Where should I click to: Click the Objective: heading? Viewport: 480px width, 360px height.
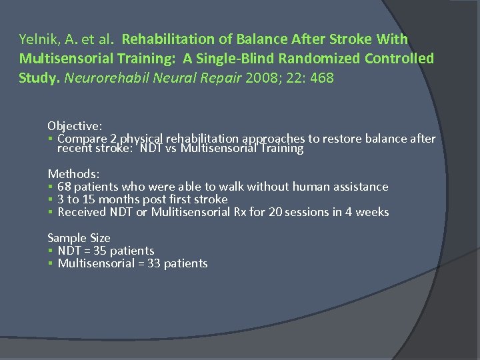point(75,125)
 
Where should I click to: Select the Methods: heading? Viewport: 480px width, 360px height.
point(73,173)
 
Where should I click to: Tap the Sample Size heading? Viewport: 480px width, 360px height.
point(79,238)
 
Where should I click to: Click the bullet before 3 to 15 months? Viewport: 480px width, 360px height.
point(51,200)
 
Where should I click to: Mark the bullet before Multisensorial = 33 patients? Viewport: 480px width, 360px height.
point(51,264)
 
